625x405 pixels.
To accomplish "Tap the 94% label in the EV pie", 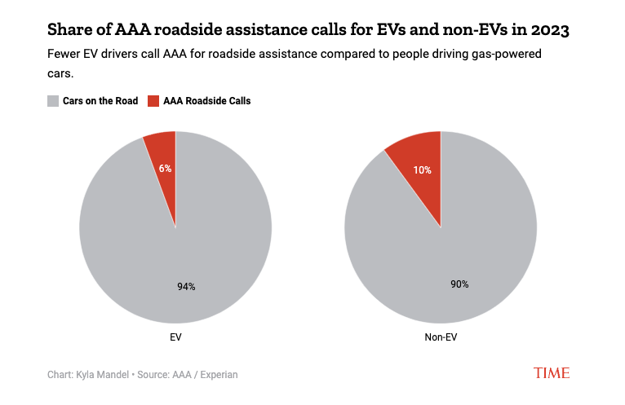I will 186,286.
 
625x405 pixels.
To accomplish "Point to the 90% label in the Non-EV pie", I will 459,284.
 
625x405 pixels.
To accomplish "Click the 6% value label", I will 165,169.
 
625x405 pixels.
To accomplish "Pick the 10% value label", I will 422,170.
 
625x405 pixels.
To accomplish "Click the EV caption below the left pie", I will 175,336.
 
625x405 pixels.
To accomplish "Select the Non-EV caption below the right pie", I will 441,336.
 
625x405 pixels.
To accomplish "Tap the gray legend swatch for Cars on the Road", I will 53,101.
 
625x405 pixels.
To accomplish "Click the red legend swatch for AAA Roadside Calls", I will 153,101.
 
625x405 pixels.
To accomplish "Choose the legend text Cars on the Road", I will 100,101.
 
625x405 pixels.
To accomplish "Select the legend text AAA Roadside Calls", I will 207,101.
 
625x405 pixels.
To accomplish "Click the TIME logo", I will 552,372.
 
